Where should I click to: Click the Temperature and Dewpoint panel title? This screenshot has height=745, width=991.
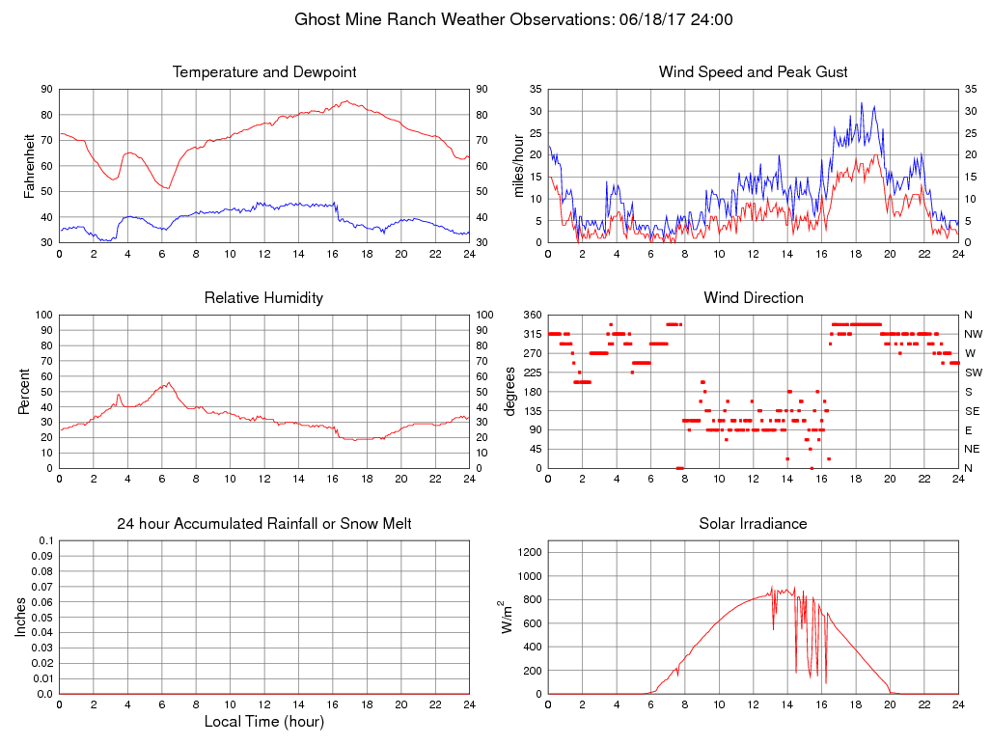(264, 72)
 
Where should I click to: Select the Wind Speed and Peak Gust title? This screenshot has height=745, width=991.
(753, 72)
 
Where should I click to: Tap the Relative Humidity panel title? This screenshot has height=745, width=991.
(264, 298)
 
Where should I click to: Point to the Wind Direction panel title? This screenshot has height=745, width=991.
(753, 298)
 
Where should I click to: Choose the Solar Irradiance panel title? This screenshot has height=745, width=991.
(753, 524)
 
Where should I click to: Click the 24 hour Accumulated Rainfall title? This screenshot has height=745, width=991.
(264, 524)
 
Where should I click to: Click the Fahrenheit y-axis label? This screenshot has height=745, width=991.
(30, 166)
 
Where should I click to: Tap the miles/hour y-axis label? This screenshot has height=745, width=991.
(518, 166)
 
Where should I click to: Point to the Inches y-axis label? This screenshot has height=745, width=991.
(22, 617)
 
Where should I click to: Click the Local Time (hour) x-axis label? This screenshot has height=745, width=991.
(264, 722)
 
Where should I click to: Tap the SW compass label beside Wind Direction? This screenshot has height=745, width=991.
(974, 372)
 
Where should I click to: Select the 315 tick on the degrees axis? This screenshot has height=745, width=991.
(531, 334)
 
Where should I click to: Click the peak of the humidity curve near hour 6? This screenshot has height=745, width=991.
(169, 382)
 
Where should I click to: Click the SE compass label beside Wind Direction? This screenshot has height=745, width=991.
(973, 410)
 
